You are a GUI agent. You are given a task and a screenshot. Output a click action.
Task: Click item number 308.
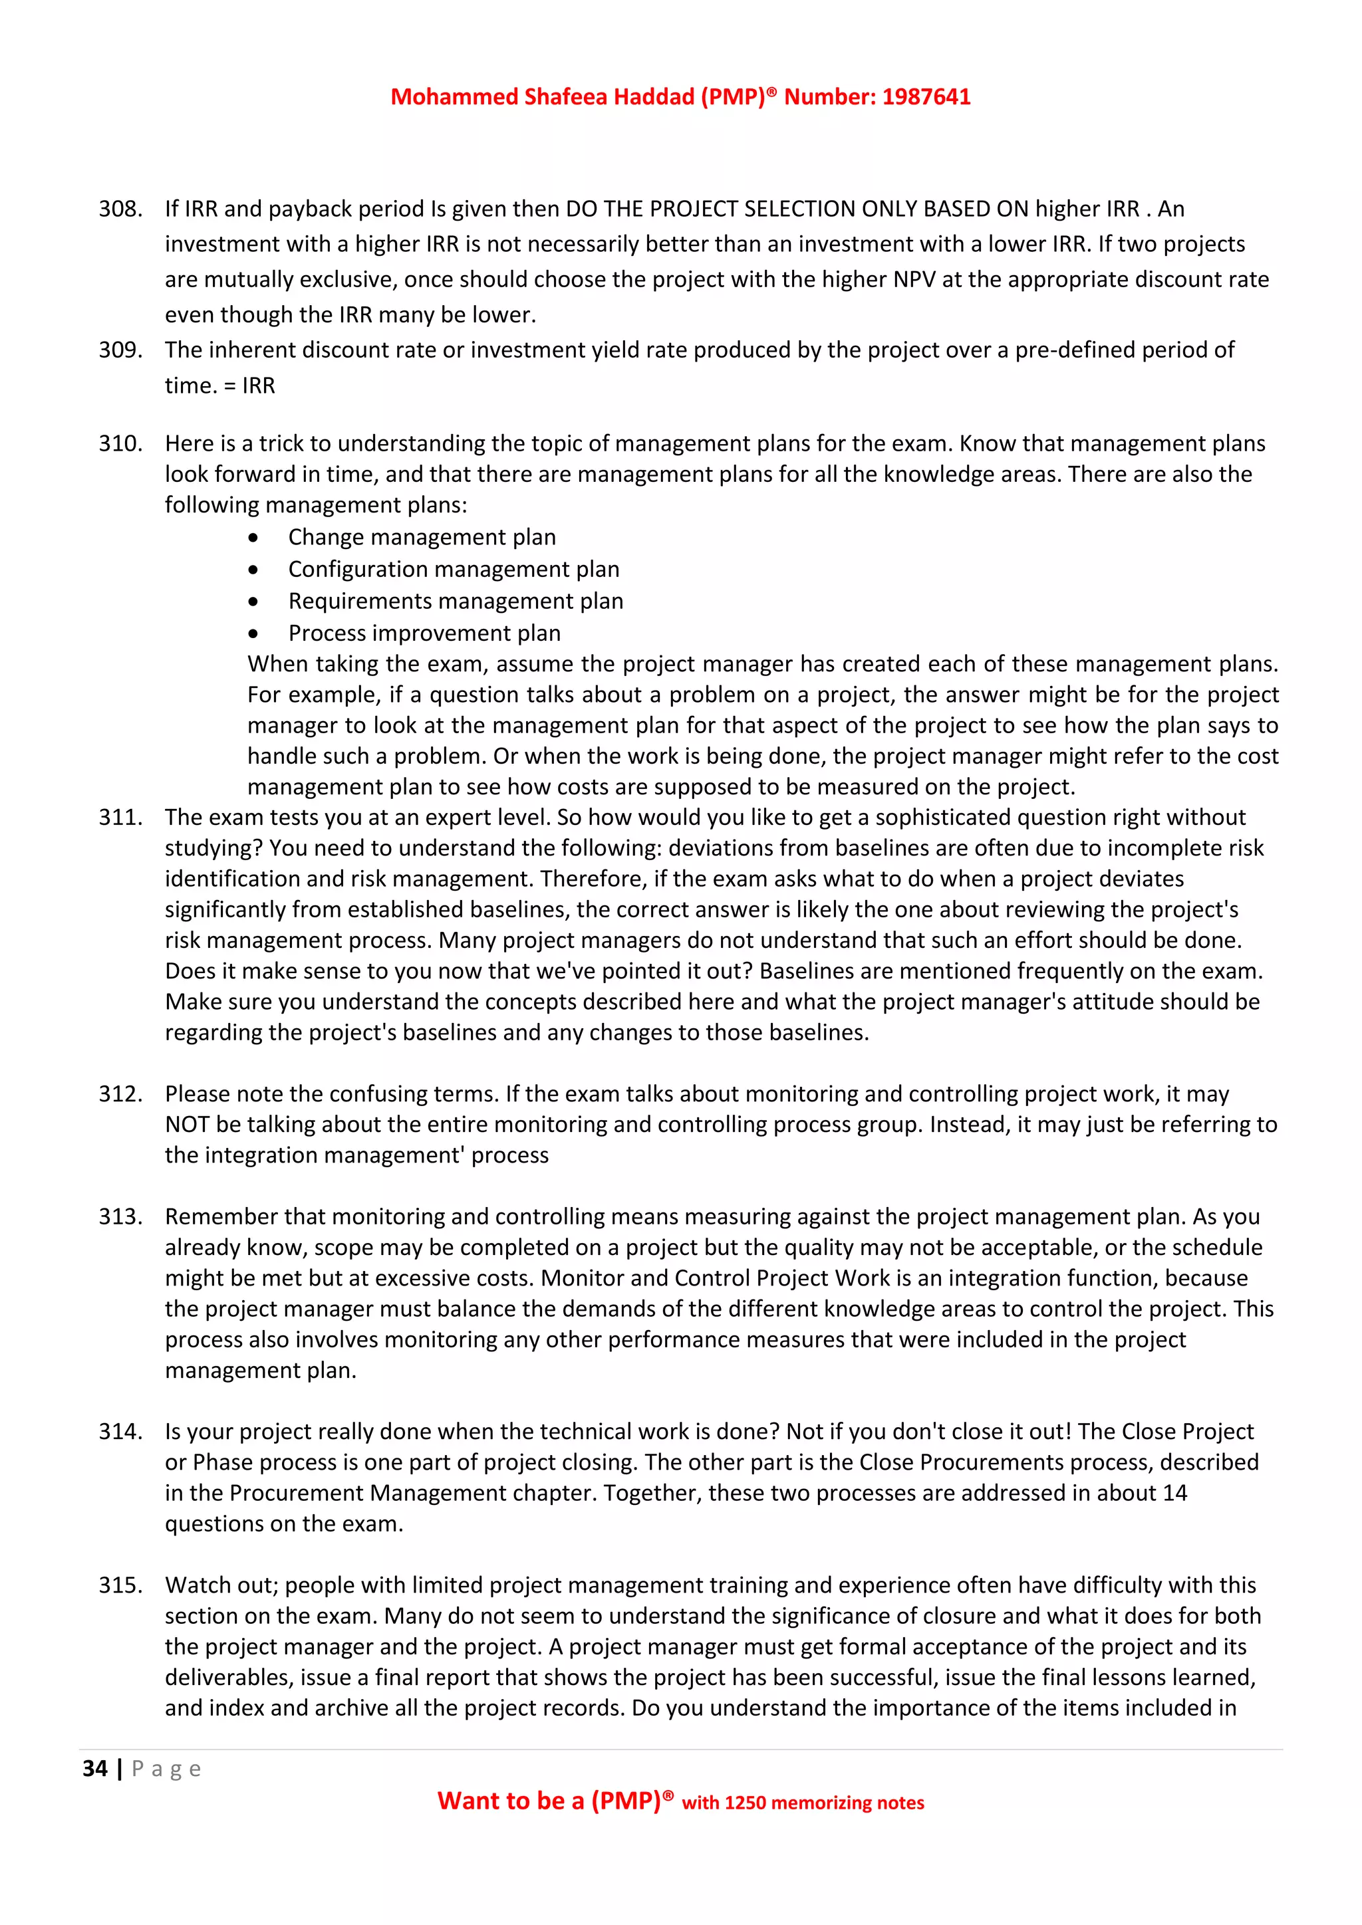120,209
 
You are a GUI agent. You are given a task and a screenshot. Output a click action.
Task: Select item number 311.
120,818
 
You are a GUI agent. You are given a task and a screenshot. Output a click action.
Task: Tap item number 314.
120,1432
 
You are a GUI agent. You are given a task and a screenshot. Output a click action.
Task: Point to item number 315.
120,1585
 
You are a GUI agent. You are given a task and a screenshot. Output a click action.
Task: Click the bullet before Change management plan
253,538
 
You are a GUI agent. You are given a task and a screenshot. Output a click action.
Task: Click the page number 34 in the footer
95,1769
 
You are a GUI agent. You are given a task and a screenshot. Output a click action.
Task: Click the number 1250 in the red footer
746,1803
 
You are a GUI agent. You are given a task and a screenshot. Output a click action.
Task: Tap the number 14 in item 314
1175,1493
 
